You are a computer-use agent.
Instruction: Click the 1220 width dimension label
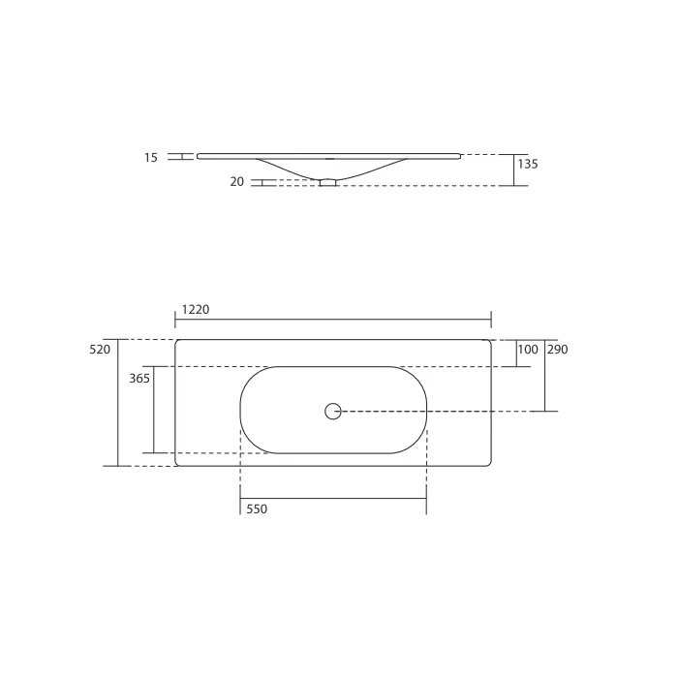pos(196,310)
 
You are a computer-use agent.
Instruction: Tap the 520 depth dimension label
pos(100,350)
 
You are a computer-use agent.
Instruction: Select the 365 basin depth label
pos(139,379)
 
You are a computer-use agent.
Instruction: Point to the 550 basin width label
pos(257,508)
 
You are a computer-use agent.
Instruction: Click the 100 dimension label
pos(528,350)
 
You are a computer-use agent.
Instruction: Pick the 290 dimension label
pos(557,350)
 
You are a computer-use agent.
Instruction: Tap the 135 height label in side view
pos(528,164)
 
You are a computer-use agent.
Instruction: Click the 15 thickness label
pos(151,157)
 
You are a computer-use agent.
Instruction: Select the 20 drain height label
pos(237,182)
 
